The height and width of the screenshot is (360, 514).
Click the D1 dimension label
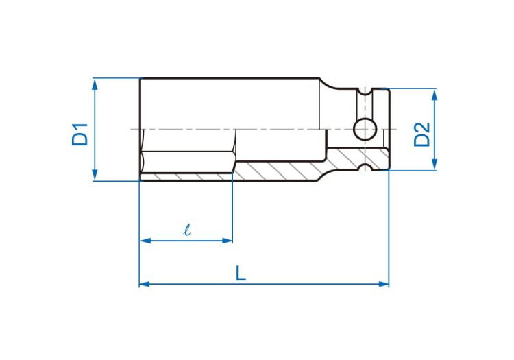click(x=80, y=134)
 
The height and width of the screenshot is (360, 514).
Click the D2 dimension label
click(x=422, y=134)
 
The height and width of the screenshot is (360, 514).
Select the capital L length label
click(x=241, y=274)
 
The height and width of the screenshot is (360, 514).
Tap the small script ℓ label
click(x=187, y=230)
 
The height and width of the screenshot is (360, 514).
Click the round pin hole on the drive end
click(x=365, y=129)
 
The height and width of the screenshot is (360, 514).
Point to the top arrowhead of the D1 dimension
click(x=95, y=84)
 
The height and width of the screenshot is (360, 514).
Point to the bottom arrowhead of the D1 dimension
click(x=95, y=175)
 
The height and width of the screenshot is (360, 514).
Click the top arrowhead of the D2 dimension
click(x=435, y=95)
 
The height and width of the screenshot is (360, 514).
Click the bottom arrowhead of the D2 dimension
click(x=435, y=165)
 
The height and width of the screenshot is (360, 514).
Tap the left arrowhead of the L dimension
click(x=145, y=284)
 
